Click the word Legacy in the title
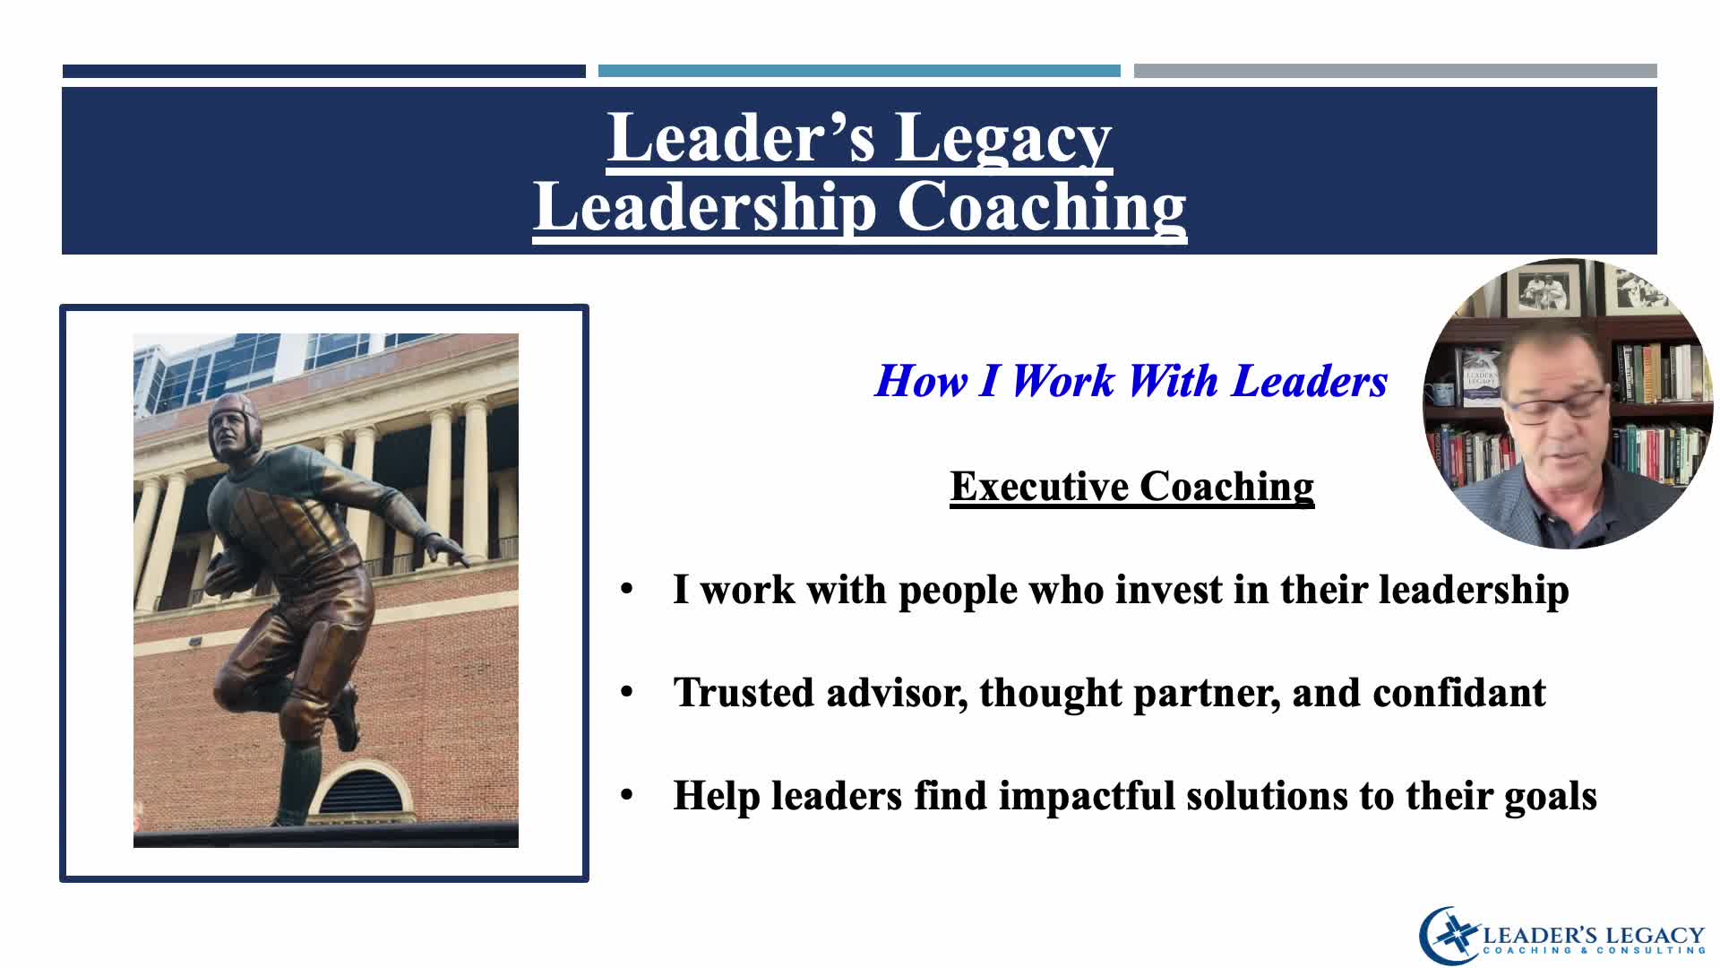[1002, 139]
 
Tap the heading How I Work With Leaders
[1131, 381]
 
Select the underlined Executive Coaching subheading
[1132, 487]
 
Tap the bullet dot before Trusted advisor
[627, 693]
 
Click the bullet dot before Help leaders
[627, 796]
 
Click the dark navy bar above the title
[323, 71]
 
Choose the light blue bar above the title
[859, 71]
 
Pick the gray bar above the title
[1395, 71]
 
